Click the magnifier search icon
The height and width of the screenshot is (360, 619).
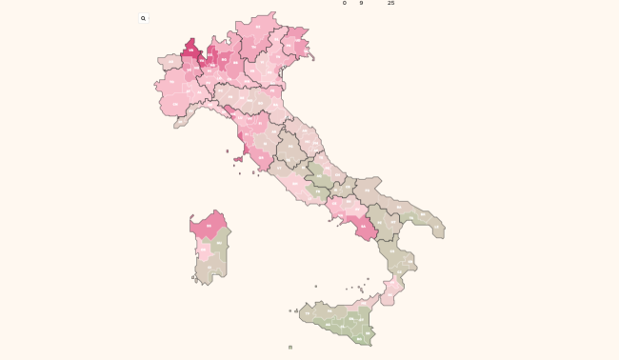coord(143,18)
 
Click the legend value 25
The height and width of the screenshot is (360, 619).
coord(390,3)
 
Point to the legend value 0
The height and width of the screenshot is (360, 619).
coord(345,3)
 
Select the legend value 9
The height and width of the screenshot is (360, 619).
coord(361,3)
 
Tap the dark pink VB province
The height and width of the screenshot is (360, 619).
coord(190,50)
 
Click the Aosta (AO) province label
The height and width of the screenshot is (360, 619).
coord(171,65)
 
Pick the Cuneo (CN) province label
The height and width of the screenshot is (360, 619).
coord(175,105)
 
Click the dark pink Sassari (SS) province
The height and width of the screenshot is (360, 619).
coord(209,226)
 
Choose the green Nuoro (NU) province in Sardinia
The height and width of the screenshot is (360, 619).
coord(220,244)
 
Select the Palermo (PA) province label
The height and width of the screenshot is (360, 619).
coord(329,310)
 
